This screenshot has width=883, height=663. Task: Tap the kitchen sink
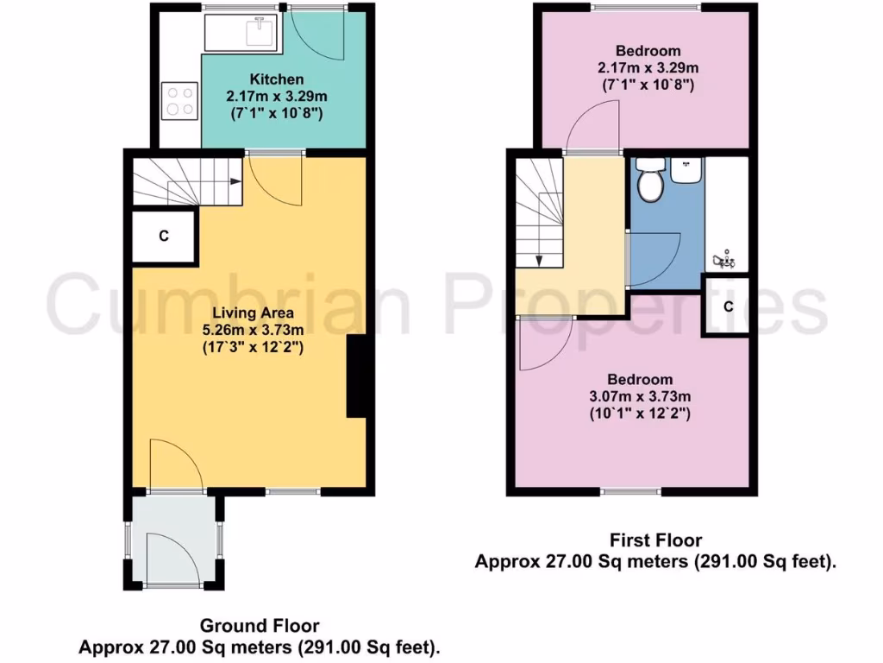[258, 32]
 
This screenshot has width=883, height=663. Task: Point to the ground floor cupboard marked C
[164, 236]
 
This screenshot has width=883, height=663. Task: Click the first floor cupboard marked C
[729, 306]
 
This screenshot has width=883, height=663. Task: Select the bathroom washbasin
[687, 170]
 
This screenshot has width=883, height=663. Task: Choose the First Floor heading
[655, 541]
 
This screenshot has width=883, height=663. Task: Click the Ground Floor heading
[260, 625]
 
